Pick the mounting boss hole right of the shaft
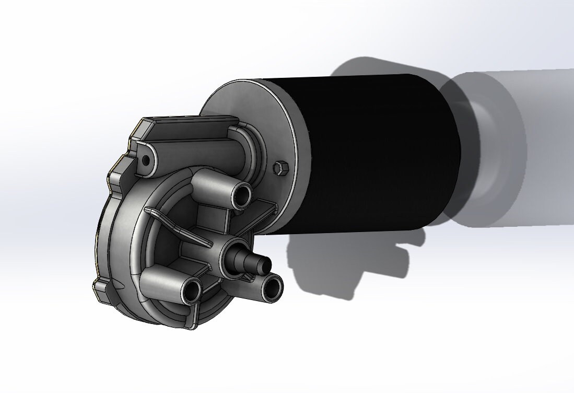click(x=272, y=287)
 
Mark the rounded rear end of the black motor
click(x=449, y=152)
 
